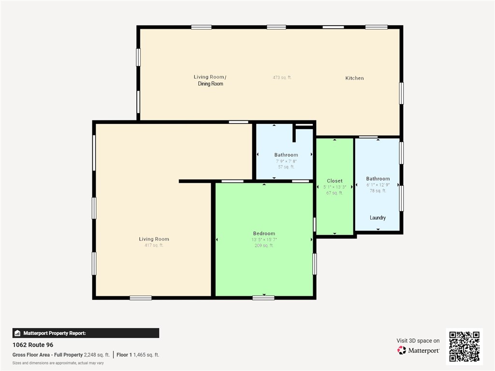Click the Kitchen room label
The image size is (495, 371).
[354, 78]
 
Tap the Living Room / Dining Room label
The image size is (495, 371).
[210, 80]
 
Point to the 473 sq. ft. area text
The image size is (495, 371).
[282, 77]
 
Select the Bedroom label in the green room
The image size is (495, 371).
[264, 233]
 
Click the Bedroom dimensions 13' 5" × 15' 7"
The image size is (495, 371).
[264, 239]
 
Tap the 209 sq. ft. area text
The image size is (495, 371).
[264, 246]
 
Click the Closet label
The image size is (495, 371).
[335, 181]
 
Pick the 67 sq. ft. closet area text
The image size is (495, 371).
[335, 193]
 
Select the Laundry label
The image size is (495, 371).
[378, 218]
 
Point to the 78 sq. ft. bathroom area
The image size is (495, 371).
[378, 191]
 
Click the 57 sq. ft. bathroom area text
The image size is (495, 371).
[286, 167]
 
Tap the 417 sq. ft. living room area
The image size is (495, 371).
[154, 245]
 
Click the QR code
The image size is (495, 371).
[464, 346]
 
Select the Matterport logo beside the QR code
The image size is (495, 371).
[418, 350]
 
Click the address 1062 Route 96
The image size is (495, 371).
[33, 345]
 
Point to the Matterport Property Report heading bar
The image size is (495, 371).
[86, 333]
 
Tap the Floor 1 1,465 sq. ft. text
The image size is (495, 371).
[138, 355]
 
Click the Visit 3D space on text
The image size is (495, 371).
[418, 341]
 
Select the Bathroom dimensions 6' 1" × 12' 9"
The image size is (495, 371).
[378, 185]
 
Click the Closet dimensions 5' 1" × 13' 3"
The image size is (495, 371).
[335, 187]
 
